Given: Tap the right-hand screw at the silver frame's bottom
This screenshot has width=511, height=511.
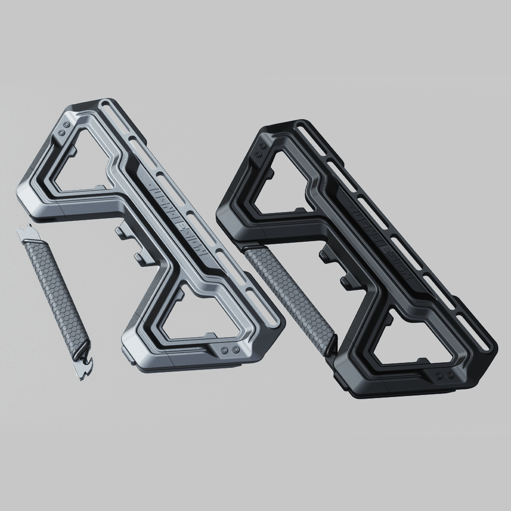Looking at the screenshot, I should [x=236, y=349].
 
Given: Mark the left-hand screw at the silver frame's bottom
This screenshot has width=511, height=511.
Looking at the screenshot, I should [x=225, y=349].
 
